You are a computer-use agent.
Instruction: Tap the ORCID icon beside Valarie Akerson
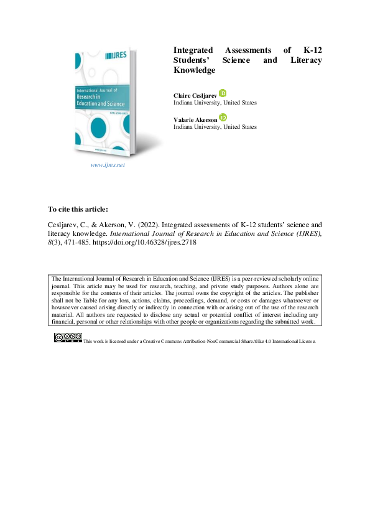pos(223,118)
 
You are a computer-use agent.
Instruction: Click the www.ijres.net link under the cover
pos(108,165)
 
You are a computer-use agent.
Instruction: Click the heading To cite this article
pos(78,208)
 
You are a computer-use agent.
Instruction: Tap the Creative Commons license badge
pos(68,337)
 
